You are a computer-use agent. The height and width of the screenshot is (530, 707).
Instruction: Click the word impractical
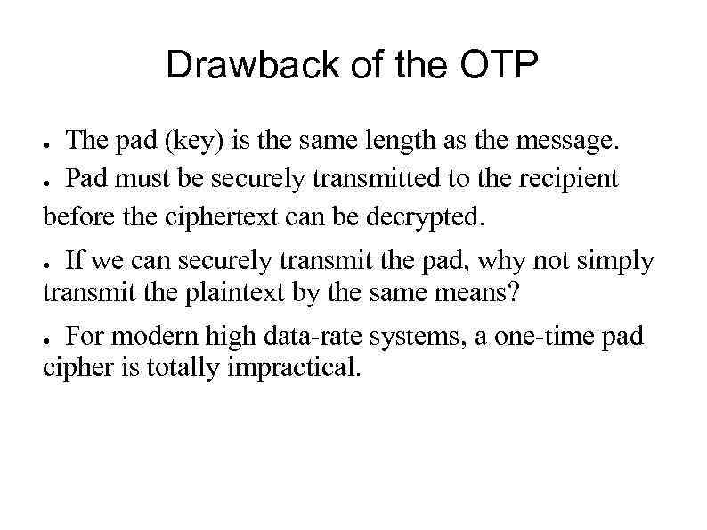tap(295, 369)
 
